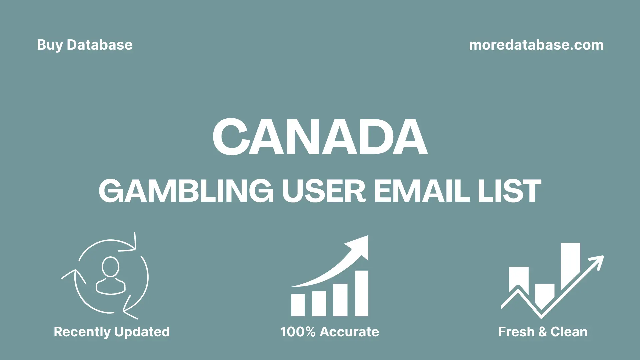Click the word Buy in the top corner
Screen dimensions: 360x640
tap(50, 45)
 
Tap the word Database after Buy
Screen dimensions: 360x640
tap(100, 45)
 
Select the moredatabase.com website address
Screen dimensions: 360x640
tap(536, 45)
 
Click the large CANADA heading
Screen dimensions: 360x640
tap(320, 137)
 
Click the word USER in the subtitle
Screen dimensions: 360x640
tap(324, 191)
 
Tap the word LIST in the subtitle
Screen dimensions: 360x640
tap(509, 191)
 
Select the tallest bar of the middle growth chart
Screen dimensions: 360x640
tap(361, 293)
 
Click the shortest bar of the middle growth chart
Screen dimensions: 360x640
tap(298, 305)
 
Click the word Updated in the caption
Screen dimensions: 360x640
tap(142, 332)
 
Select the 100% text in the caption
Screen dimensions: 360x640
tap(298, 332)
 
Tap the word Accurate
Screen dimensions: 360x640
tap(349, 332)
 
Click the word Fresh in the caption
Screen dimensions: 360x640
tap(516, 332)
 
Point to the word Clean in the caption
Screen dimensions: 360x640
tap(569, 332)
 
